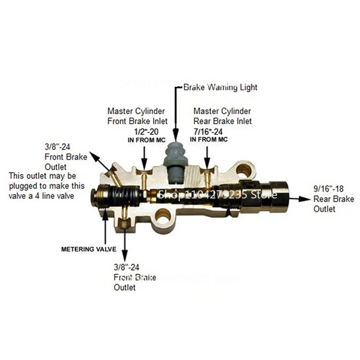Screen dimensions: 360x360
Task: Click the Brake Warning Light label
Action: click(x=220, y=87)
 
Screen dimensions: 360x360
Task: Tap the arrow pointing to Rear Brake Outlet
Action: click(x=297, y=197)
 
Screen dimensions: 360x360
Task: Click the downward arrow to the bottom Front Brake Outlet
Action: click(x=124, y=241)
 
